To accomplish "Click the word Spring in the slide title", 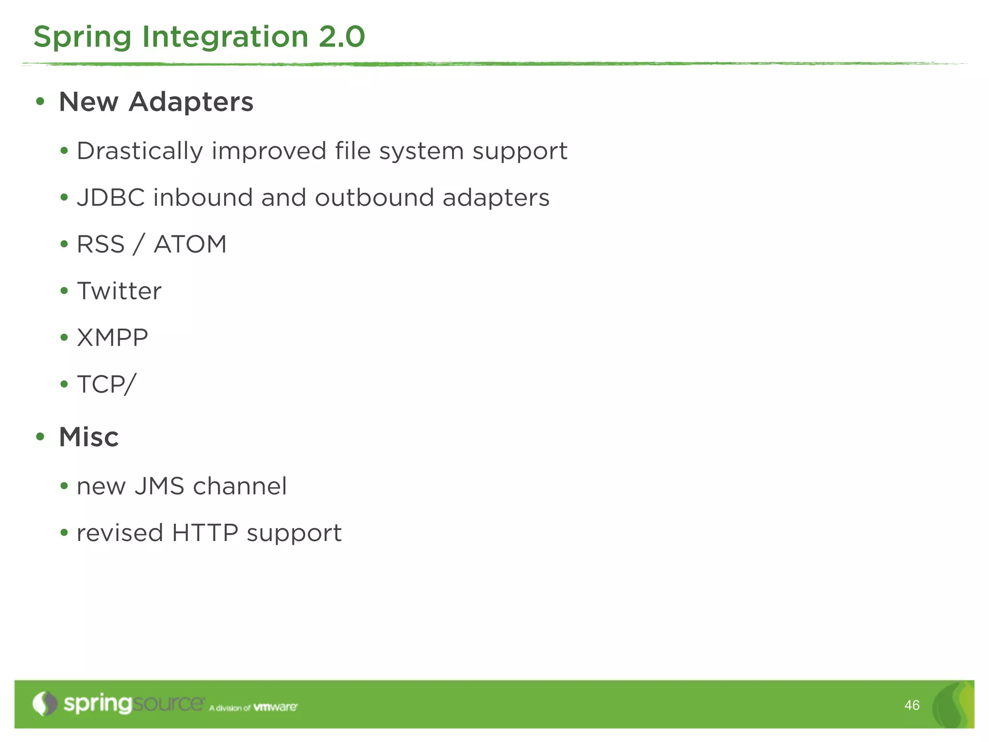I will pyautogui.click(x=82, y=38).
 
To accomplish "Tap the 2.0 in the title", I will pyautogui.click(x=341, y=37).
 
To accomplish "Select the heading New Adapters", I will pyautogui.click(x=155, y=102).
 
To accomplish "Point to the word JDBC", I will pyautogui.click(x=111, y=198).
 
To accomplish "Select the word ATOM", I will pyautogui.click(x=190, y=244).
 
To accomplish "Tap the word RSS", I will pyautogui.click(x=100, y=244).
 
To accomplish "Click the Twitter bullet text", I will pyautogui.click(x=119, y=291).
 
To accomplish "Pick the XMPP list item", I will pyautogui.click(x=112, y=338).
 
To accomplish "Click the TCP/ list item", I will pyautogui.click(x=106, y=385).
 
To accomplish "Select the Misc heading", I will pyautogui.click(x=88, y=437).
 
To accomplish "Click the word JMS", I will pyautogui.click(x=159, y=486).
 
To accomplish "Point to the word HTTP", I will pyautogui.click(x=205, y=533).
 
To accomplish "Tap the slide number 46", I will pyautogui.click(x=911, y=705).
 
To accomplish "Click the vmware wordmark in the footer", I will pyautogui.click(x=275, y=707).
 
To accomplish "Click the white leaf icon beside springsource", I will pyautogui.click(x=45, y=703).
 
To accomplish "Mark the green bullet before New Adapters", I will pyautogui.click(x=40, y=102).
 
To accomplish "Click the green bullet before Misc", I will pyautogui.click(x=40, y=437).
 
